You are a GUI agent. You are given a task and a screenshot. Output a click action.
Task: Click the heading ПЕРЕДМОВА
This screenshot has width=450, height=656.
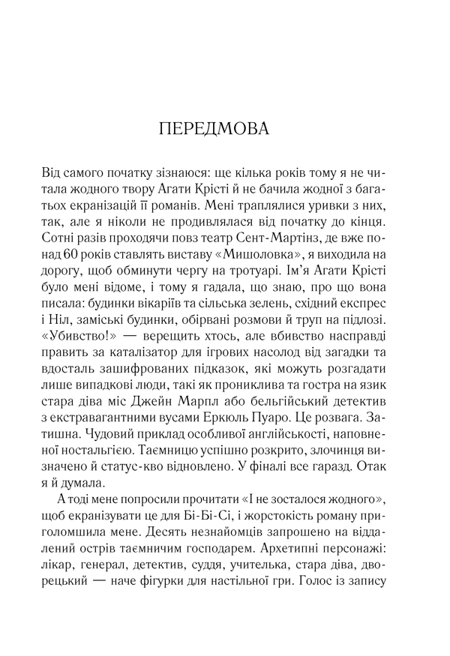tap(224, 128)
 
